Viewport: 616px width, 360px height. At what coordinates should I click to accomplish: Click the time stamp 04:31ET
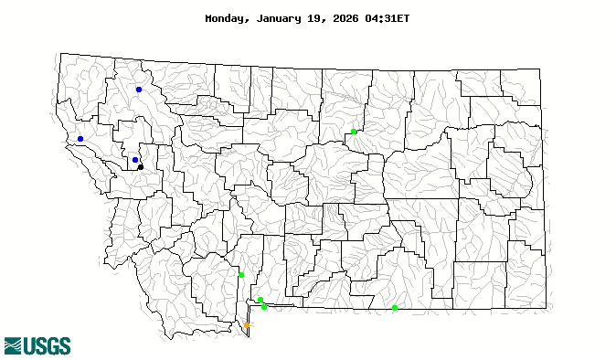coord(391,18)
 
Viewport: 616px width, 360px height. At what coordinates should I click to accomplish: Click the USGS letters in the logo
coord(48,345)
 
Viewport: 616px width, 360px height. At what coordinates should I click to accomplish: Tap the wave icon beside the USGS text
coord(13,345)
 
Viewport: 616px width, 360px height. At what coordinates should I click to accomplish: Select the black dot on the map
coord(141,167)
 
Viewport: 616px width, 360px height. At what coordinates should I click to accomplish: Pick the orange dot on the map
coord(247,325)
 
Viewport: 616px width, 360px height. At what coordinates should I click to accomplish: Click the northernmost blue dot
coord(139,90)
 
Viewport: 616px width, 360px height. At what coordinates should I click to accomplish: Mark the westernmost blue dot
coord(80,139)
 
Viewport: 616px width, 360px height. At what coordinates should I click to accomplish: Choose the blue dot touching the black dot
coord(135,160)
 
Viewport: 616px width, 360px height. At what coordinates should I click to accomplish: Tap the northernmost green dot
coord(354,132)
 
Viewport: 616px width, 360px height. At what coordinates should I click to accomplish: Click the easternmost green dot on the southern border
coord(395,308)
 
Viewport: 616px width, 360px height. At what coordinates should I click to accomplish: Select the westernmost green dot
coord(241,274)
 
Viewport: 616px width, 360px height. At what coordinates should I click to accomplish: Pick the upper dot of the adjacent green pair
coord(260,300)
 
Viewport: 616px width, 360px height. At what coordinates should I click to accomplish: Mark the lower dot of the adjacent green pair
coord(264,307)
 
